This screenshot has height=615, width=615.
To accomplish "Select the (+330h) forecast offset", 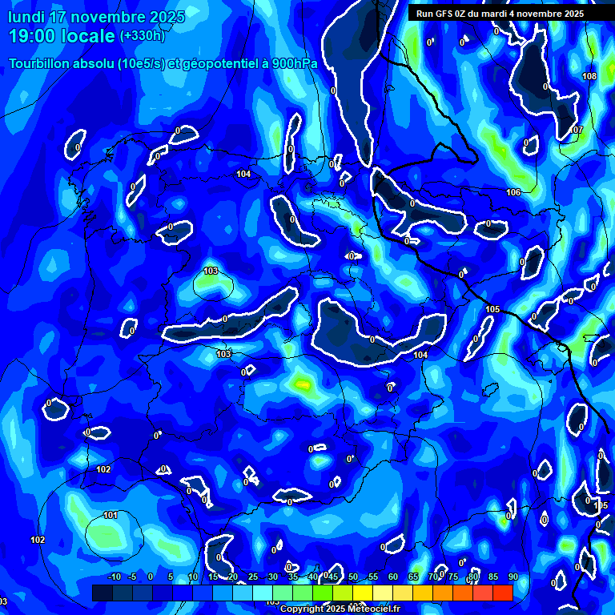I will [x=142, y=36].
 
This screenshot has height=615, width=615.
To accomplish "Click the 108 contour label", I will [x=589, y=76].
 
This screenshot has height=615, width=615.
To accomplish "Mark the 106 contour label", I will [x=513, y=192].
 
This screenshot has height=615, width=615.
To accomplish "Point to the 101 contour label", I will [x=110, y=515].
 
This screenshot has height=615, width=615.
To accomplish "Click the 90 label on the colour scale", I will [x=512, y=577].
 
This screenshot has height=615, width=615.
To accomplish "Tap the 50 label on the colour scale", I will [x=353, y=577].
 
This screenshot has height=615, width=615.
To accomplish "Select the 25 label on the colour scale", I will [x=253, y=577].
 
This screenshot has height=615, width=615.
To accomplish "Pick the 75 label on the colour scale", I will [x=453, y=577].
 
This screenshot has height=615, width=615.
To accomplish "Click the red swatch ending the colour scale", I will [x=502, y=593].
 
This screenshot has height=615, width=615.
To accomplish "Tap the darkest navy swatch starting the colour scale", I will [x=102, y=593].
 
